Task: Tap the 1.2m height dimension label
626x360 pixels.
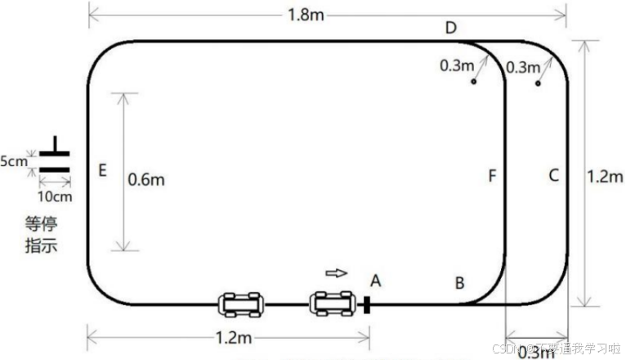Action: pyautogui.click(x=606, y=174)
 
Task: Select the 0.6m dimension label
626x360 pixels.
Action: pyautogui.click(x=146, y=178)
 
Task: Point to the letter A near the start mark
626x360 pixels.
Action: pyautogui.click(x=376, y=281)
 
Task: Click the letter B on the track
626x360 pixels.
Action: pyautogui.click(x=460, y=283)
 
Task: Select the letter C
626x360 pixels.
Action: pyautogui.click(x=553, y=174)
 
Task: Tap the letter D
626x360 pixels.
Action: pyautogui.click(x=450, y=28)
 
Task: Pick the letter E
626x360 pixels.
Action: pyautogui.click(x=102, y=171)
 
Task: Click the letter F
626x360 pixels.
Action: pyautogui.click(x=492, y=175)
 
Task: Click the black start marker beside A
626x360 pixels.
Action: pyautogui.click(x=367, y=305)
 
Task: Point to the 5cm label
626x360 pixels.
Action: pyautogui.click(x=13, y=161)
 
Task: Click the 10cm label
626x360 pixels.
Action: pyautogui.click(x=54, y=197)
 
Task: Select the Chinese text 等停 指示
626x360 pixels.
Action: pyautogui.click(x=41, y=233)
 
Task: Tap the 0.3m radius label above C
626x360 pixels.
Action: pyautogui.click(x=522, y=66)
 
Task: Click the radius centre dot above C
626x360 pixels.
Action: pyautogui.click(x=538, y=83)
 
